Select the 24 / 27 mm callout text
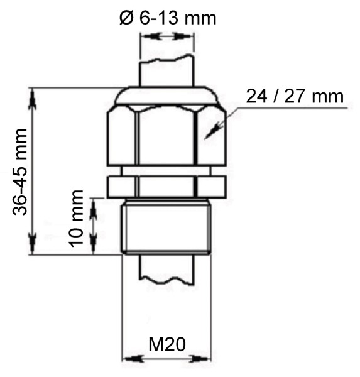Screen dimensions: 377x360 point(295,96)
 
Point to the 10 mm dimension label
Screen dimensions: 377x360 point(76,217)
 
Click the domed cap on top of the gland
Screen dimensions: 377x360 point(166,96)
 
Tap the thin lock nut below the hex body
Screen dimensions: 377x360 point(166,186)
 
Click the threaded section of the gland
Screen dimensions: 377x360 point(166,226)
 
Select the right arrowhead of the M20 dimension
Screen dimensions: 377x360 point(204,359)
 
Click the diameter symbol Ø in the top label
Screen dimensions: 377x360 point(126,17)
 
